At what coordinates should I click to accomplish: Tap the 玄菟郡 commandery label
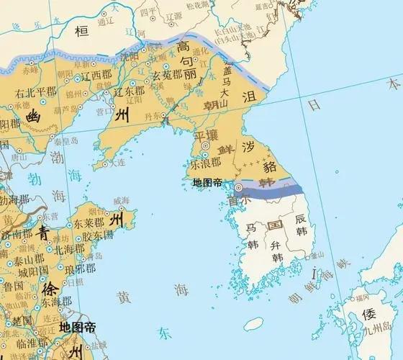[x=171, y=74]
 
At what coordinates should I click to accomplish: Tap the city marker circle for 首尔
[x=238, y=187]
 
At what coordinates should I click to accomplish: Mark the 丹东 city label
[x=150, y=116]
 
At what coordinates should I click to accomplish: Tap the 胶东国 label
[x=99, y=235]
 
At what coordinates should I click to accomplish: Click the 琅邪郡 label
[x=78, y=267]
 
